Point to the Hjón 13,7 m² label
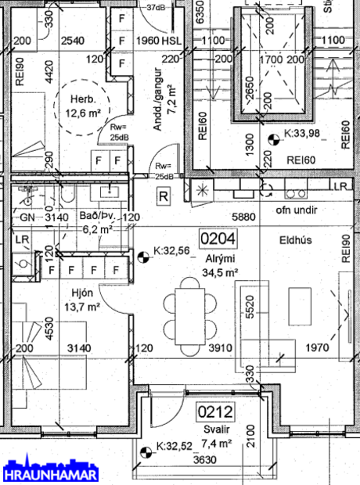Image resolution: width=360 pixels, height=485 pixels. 82,300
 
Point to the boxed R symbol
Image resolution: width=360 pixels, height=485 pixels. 163,196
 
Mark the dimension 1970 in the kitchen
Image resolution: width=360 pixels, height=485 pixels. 317,347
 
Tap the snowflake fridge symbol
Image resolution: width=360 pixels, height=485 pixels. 203,189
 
